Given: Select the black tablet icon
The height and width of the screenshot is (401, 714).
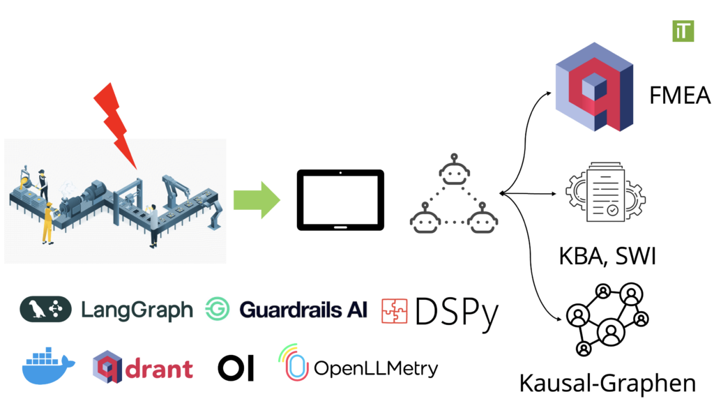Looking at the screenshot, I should (x=340, y=200).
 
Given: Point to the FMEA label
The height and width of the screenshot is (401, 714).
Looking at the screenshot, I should (x=679, y=95).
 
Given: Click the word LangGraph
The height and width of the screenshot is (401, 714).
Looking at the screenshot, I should (x=137, y=310).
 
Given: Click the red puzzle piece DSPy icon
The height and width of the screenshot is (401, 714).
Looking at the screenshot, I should (x=394, y=311).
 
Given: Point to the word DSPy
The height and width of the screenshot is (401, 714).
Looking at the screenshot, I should (x=457, y=312).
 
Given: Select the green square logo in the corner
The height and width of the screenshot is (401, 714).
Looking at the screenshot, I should (x=683, y=31).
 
